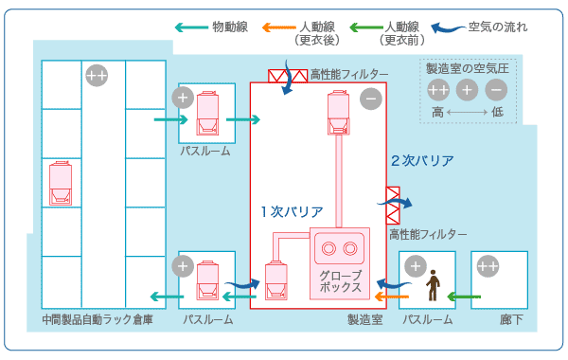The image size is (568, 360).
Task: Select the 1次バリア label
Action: (293, 211)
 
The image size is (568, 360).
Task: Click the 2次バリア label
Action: (422, 160)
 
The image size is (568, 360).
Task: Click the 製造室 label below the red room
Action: (364, 321)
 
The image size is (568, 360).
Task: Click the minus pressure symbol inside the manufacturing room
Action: (370, 97)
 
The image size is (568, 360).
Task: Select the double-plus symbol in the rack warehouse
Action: (97, 74)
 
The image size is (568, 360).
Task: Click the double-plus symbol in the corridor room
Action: (488, 267)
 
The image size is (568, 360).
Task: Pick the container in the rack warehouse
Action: (61, 183)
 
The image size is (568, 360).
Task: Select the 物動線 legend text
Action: (229, 27)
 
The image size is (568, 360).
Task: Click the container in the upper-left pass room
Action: (207, 114)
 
